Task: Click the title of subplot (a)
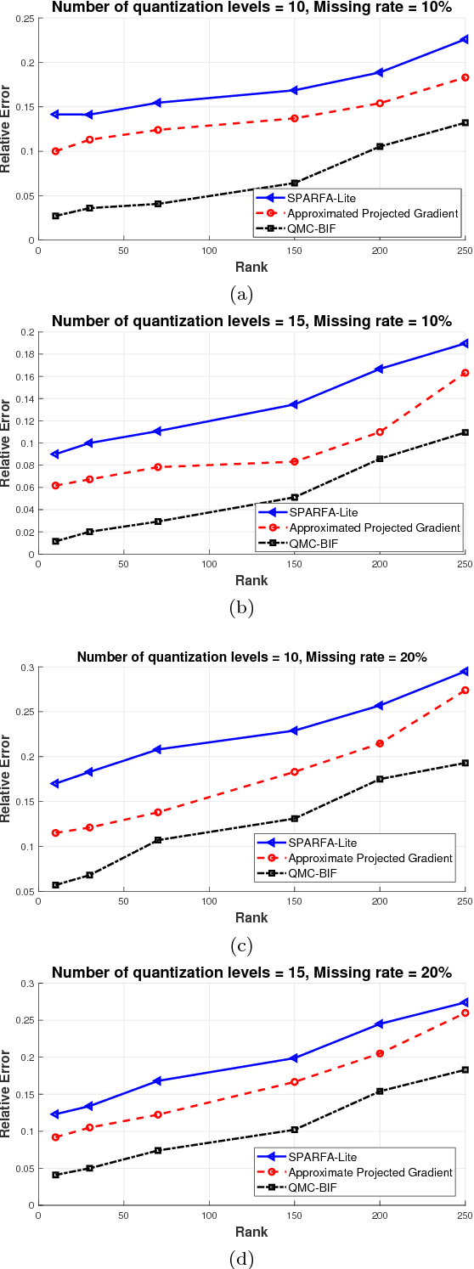pos(251,8)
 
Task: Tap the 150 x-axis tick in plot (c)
pos(294,901)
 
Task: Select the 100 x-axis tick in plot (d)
pos(209,1215)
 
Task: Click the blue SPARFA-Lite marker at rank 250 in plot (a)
pos(465,39)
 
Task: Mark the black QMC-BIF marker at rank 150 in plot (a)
pos(295,183)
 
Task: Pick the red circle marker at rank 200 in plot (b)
pos(380,431)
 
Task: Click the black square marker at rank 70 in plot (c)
pos(157,840)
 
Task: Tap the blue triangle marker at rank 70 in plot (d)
pos(157,1080)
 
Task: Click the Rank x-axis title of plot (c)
pos(251,917)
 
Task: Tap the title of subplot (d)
pos(251,973)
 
